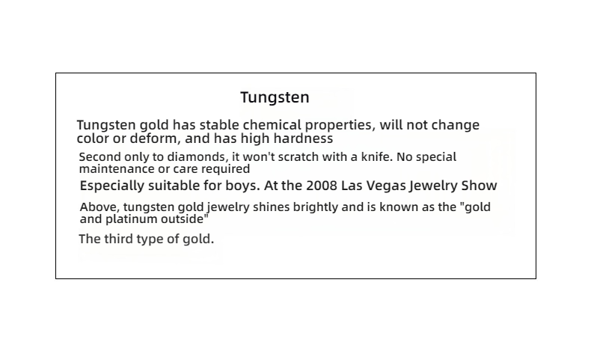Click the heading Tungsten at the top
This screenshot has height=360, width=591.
[275, 97]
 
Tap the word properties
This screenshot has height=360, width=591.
[340, 126]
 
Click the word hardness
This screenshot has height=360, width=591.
[303, 138]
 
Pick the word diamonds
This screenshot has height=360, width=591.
[198, 157]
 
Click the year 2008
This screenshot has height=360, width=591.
[322, 186]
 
